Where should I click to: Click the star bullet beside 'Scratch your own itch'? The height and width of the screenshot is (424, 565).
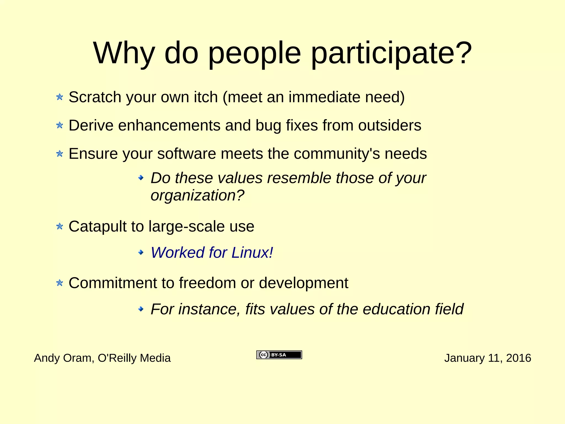(x=60, y=97)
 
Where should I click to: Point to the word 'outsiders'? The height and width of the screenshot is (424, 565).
(x=390, y=126)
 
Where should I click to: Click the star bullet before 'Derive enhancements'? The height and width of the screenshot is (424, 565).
(x=60, y=126)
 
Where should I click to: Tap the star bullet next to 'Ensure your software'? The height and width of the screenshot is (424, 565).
(x=60, y=154)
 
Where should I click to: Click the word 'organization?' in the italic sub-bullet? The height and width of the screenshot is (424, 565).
(x=197, y=196)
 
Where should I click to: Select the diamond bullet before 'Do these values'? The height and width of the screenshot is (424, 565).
(x=141, y=178)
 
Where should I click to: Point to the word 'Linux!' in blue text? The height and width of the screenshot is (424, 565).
(x=252, y=252)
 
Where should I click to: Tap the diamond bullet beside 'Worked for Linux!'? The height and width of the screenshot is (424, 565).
(x=141, y=252)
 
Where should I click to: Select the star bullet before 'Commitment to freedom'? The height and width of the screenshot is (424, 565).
(x=60, y=283)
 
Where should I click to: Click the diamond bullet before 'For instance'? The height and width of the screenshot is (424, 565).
(x=141, y=309)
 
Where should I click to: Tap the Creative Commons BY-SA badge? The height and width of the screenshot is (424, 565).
(x=279, y=355)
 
